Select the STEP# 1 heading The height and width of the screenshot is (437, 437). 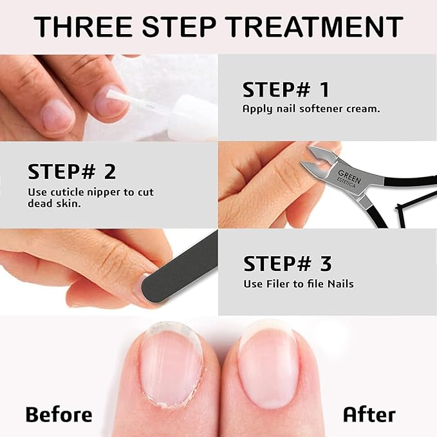point(286,89)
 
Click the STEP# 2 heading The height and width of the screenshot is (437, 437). point(72,172)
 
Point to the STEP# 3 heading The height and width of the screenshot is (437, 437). point(287,264)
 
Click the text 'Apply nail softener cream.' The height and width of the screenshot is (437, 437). point(311,109)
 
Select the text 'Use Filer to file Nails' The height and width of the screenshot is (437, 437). point(298,284)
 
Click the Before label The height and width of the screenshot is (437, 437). point(59,414)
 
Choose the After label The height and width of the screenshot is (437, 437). point(369,414)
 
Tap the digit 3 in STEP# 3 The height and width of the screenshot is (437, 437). point(326,264)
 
